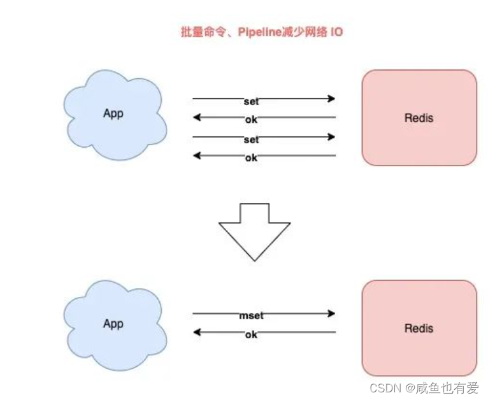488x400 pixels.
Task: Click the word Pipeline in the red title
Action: pos(259,32)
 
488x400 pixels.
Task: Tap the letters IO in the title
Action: pos(335,32)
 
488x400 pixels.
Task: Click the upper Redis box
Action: pos(419,118)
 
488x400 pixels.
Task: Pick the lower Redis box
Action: pos(419,328)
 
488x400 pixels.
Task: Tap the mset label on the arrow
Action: pos(251,315)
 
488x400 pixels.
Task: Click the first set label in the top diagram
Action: pos(251,101)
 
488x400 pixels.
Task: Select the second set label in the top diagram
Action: pos(251,139)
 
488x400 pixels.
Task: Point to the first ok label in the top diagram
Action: pos(251,119)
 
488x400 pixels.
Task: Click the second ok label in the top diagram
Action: pos(251,157)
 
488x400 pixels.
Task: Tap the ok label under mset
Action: pos(251,334)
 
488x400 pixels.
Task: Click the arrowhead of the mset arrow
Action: pos(331,313)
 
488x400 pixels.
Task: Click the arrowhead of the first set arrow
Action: pos(331,99)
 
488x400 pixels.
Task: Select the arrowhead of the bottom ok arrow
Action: pos(197,332)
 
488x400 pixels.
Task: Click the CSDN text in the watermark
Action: pos(383,387)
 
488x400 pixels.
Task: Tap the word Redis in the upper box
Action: pos(419,118)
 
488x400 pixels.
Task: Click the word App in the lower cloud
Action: pos(113,324)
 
